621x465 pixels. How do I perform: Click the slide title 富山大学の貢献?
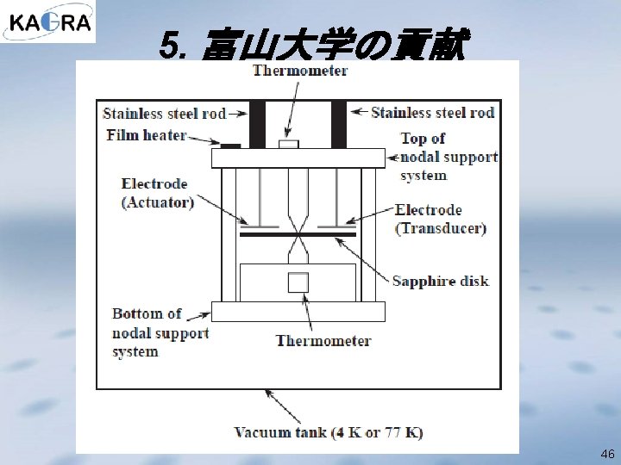point(314,46)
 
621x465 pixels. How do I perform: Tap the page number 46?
point(607,453)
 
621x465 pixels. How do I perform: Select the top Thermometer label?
point(300,71)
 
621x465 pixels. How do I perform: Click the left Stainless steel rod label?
point(164,113)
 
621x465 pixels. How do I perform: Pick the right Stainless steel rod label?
point(433,112)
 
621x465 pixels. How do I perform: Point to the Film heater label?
point(147,135)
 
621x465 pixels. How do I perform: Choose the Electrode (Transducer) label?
point(440,219)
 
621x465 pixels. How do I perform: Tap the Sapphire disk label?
point(441,281)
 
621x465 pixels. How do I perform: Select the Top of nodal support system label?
point(448,157)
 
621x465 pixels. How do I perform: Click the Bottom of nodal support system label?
point(160,332)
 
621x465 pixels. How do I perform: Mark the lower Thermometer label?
point(323,340)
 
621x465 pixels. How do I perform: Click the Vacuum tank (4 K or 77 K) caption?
point(328,432)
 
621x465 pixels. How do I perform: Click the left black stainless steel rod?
point(257,124)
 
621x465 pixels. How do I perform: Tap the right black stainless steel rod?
point(338,124)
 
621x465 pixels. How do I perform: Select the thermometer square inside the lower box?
point(298,282)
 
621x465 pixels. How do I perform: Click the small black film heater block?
point(230,145)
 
